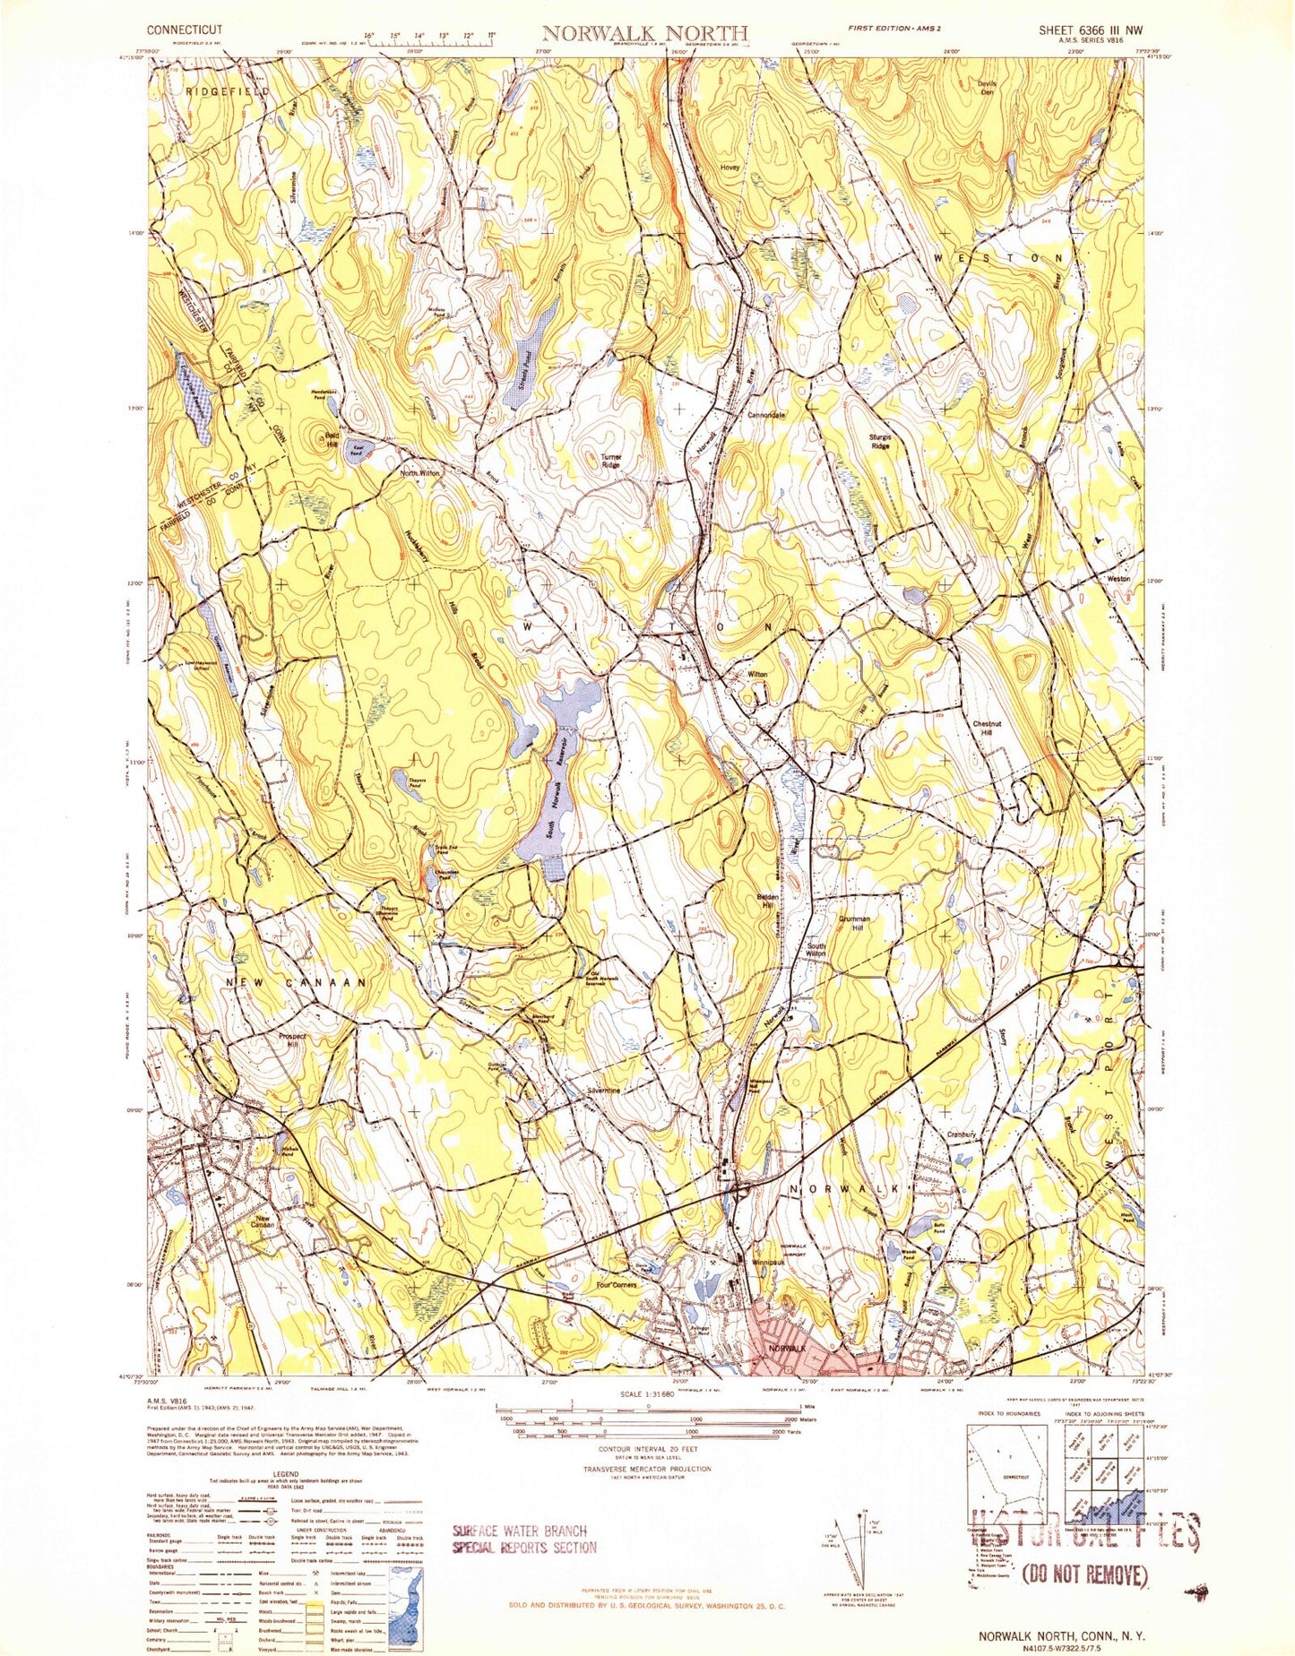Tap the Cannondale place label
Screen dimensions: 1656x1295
[x=766, y=416]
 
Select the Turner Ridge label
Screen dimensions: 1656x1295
[x=611, y=461]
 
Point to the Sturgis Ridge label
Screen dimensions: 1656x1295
[x=880, y=441]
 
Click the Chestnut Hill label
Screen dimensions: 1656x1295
[x=987, y=729]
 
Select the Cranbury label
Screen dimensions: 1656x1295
[x=961, y=1135]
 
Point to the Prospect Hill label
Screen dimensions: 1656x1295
[x=292, y=1041]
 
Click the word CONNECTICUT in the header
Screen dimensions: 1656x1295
[x=185, y=30]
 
